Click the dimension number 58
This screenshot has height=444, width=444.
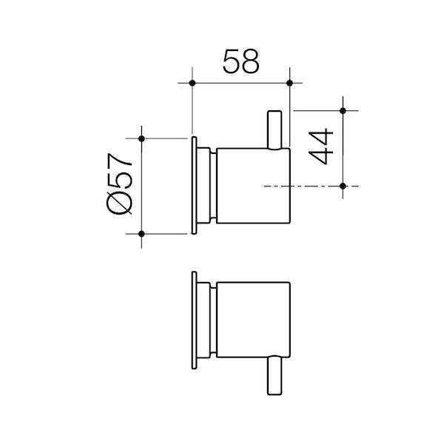(240, 61)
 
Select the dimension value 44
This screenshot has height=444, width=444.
(322, 148)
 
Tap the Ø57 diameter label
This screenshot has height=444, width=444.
(118, 185)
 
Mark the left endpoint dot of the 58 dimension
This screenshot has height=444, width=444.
(192, 82)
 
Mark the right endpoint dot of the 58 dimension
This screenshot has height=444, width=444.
(289, 82)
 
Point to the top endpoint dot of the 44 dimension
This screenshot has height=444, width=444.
(343, 110)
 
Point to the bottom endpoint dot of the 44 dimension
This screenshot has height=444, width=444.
(343, 185)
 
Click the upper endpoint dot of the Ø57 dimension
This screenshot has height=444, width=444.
(141, 138)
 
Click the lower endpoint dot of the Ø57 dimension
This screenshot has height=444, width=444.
(141, 233)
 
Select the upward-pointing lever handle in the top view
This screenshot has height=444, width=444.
(275, 128)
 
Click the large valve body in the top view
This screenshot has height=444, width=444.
(252, 185)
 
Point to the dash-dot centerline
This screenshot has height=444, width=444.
(311, 185)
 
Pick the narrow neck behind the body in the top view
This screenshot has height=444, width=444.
(212, 185)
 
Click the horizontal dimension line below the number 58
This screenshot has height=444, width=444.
(240, 82)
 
